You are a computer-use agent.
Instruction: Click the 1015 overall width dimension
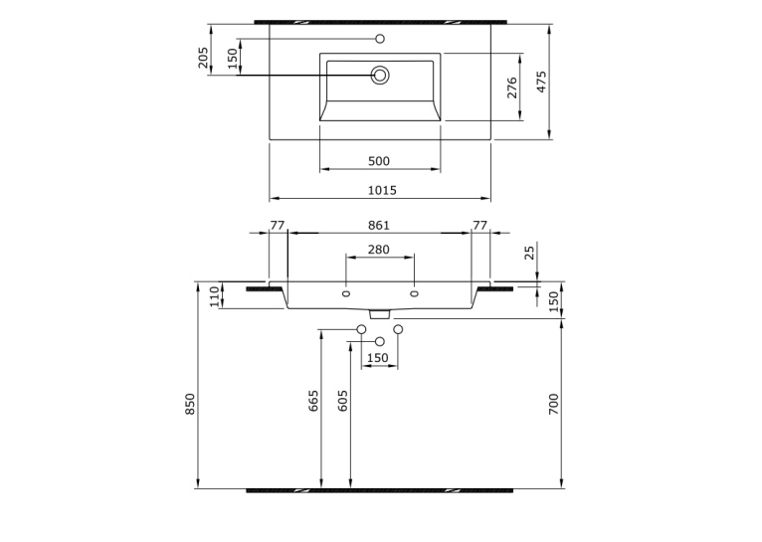pyautogui.click(x=382, y=190)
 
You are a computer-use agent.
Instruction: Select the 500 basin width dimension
pyautogui.click(x=379, y=161)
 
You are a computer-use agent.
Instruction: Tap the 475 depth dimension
pyautogui.click(x=541, y=82)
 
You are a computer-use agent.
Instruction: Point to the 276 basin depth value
pyautogui.click(x=511, y=88)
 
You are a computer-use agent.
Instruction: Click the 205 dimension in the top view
pyautogui.click(x=203, y=58)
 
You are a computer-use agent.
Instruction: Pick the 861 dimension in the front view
pyautogui.click(x=379, y=226)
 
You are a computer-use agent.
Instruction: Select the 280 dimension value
pyautogui.click(x=379, y=250)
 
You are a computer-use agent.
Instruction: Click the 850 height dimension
pyautogui.click(x=190, y=404)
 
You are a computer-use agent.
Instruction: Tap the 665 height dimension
pyautogui.click(x=313, y=401)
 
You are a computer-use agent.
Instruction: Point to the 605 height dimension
pyautogui.click(x=342, y=401)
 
